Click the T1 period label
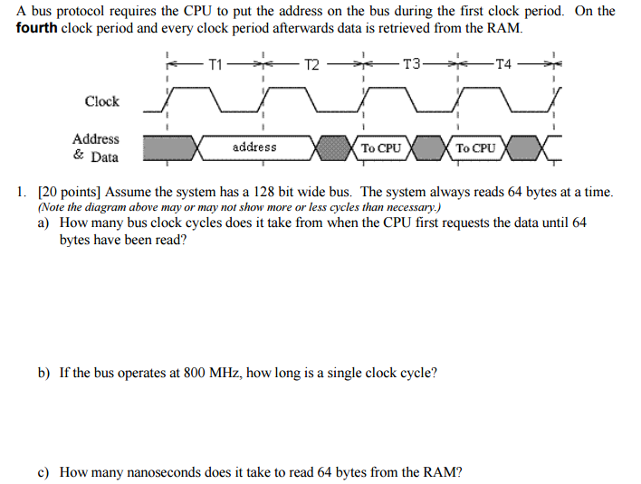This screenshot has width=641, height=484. (x=215, y=64)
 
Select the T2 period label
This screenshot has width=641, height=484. (x=311, y=64)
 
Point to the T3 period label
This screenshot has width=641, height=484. (x=412, y=64)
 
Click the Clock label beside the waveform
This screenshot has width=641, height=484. (x=101, y=101)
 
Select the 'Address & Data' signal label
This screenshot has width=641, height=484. (x=95, y=147)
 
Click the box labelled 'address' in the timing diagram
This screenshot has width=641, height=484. (x=254, y=147)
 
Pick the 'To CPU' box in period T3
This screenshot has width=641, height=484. (x=380, y=147)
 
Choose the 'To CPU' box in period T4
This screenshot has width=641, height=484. (x=475, y=147)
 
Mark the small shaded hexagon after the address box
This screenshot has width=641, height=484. (x=336, y=147)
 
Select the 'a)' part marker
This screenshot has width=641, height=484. (x=43, y=223)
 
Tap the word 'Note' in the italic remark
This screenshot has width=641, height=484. (x=55, y=207)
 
